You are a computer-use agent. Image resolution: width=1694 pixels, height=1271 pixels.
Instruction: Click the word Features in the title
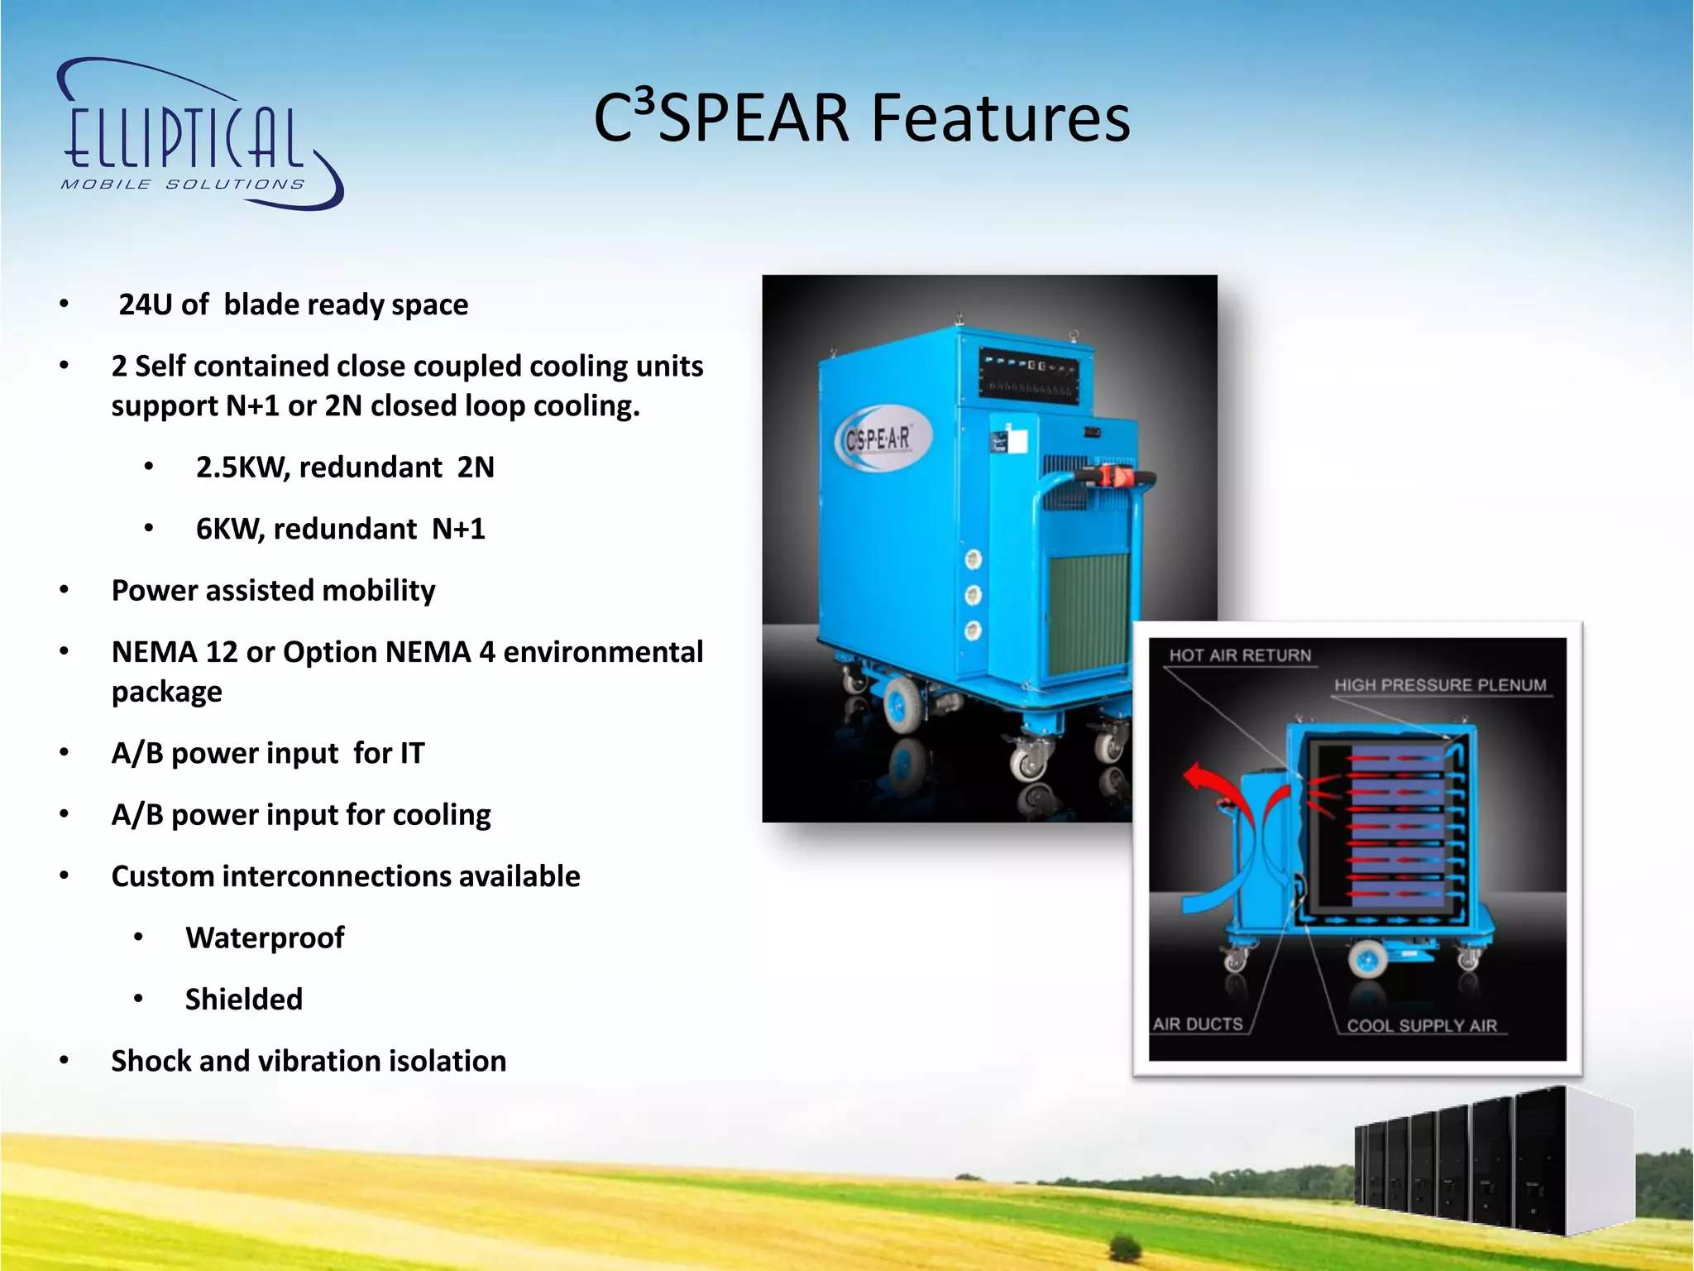coord(1000,118)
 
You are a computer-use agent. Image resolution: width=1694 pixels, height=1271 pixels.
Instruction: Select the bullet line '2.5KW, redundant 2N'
coord(344,468)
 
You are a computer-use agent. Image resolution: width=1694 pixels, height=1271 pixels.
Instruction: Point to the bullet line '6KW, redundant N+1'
coord(340,529)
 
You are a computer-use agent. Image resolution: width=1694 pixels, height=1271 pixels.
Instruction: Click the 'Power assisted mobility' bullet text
coord(273,590)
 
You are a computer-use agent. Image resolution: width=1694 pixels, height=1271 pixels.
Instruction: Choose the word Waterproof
coord(265,938)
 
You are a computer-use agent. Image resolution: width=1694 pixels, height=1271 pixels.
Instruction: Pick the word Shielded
coord(244,1000)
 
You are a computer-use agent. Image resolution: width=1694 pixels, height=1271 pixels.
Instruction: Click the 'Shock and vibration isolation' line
coord(309,1061)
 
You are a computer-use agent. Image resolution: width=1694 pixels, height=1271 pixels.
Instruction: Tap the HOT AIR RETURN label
coord(1239,655)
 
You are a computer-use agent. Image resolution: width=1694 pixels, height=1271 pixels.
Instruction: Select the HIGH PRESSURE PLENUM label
coord(1439,685)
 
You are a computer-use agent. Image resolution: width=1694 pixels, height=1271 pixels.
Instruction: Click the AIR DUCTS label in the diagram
coord(1198,1024)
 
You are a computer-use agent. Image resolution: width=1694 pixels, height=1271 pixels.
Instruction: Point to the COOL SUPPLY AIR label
coord(1421,1026)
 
